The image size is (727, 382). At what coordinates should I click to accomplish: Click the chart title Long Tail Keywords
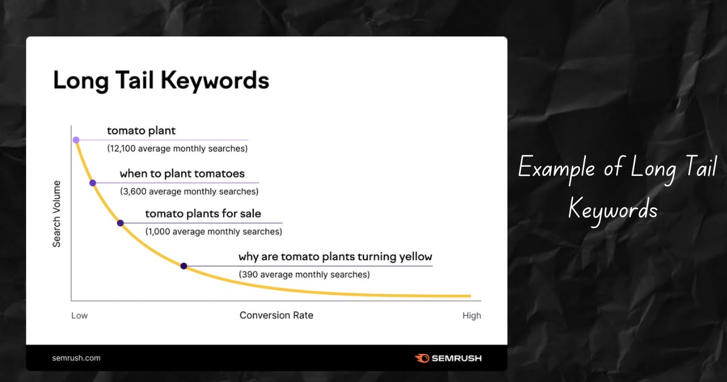tap(161, 81)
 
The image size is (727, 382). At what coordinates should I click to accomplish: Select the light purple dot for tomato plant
tap(76, 140)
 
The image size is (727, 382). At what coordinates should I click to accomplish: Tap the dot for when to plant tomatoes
tap(93, 183)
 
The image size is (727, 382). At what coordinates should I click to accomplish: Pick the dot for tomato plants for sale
tap(121, 223)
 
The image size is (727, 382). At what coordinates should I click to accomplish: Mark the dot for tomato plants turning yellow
tap(184, 266)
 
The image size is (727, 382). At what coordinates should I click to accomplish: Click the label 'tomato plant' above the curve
tap(141, 131)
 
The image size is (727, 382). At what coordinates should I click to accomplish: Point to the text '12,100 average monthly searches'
tap(177, 149)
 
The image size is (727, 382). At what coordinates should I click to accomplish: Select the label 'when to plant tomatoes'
tap(182, 174)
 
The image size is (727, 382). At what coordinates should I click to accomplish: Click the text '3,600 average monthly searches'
tap(189, 192)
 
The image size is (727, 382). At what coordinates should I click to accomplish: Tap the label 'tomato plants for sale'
tap(203, 213)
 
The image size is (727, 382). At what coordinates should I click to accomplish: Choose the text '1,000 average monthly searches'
tap(213, 232)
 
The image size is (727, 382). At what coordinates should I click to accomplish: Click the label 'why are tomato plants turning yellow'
tap(335, 256)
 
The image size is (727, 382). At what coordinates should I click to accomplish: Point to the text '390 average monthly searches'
tap(304, 275)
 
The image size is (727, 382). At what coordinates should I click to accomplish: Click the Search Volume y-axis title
tap(56, 214)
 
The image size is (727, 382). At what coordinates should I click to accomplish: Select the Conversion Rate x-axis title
tap(276, 315)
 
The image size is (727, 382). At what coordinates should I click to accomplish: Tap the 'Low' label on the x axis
tap(79, 315)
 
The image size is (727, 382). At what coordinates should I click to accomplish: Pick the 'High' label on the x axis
tap(471, 315)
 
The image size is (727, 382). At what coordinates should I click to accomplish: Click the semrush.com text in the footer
tap(76, 358)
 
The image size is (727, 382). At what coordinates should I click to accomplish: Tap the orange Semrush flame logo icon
tap(422, 358)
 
